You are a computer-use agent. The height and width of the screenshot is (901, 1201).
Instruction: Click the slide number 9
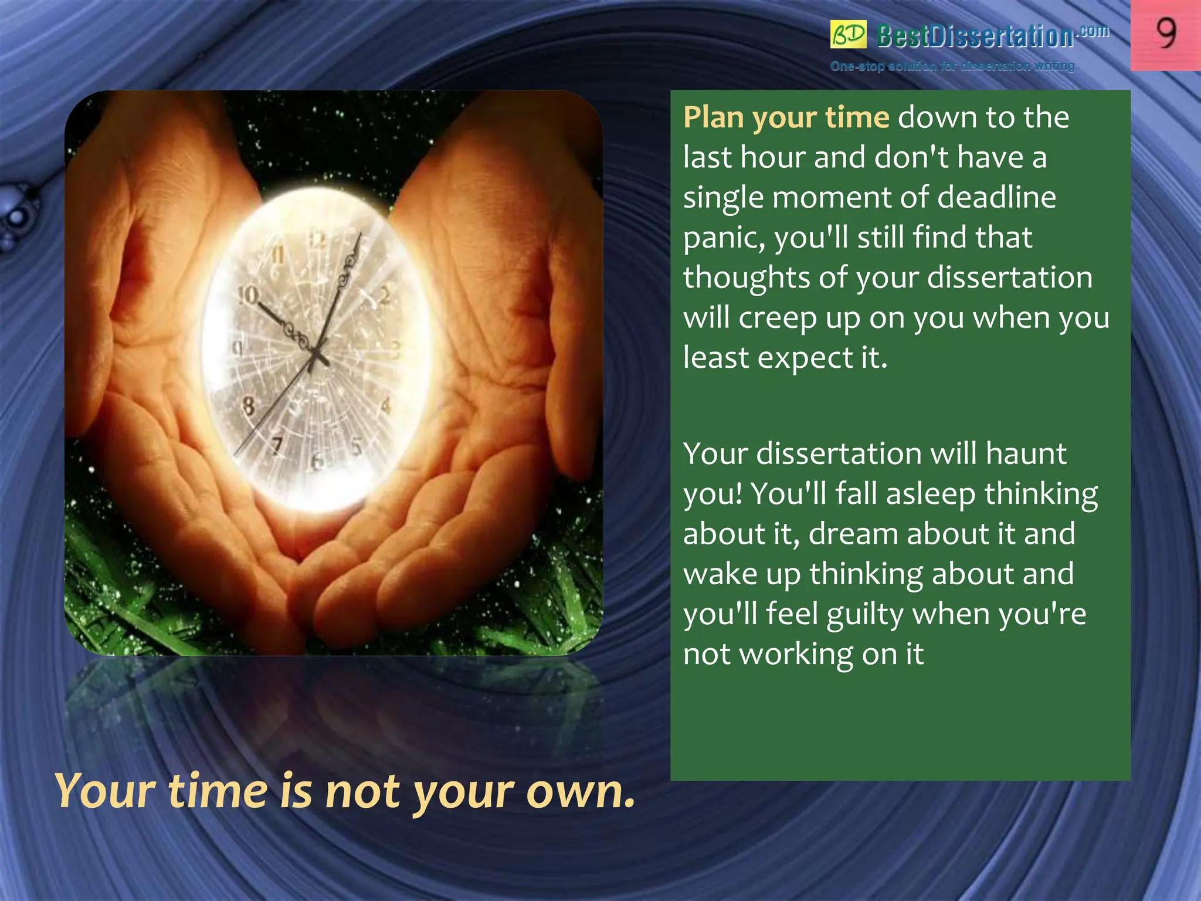click(1166, 33)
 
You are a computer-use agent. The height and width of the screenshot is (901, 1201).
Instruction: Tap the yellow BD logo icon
click(848, 35)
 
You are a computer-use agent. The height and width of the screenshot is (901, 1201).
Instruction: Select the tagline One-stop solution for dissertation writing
click(952, 66)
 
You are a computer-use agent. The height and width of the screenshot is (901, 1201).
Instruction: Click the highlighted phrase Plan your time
click(786, 117)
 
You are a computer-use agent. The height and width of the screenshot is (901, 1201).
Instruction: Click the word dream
click(854, 534)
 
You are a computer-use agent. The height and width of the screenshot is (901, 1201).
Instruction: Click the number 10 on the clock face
click(248, 295)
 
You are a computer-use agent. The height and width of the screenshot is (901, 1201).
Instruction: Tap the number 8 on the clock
click(249, 406)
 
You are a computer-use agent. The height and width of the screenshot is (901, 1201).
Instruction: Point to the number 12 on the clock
click(317, 239)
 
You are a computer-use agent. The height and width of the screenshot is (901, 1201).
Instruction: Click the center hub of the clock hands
click(317, 354)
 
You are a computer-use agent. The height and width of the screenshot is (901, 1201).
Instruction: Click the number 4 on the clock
click(386, 405)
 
